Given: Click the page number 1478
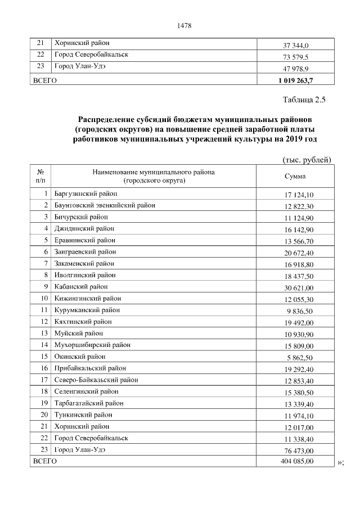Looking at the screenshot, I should click(185, 25).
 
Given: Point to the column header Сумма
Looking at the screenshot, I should click(295, 177).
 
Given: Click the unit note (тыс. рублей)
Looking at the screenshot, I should click(306, 160).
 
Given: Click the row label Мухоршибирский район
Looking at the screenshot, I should click(89, 345).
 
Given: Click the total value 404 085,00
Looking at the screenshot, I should click(296, 461).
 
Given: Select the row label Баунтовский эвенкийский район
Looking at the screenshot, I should click(105, 205).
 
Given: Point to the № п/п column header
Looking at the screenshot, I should click(40, 176).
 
